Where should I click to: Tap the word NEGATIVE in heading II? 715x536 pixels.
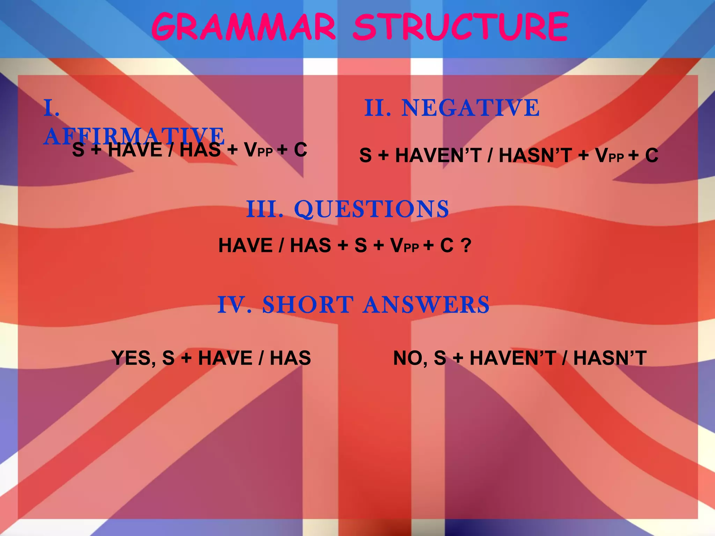[470, 108]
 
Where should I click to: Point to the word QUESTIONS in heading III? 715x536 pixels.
[371, 209]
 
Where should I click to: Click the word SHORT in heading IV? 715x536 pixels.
[308, 305]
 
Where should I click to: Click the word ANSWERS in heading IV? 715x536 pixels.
[426, 305]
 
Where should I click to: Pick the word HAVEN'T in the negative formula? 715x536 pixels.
[438, 155]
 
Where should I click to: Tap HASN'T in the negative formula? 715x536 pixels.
[535, 155]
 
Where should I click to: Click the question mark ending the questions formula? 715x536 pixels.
[466, 245]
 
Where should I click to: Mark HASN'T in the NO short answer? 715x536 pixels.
[610, 358]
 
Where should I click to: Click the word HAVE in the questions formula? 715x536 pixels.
[245, 245]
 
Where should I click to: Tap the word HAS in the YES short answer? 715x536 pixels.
[290, 358]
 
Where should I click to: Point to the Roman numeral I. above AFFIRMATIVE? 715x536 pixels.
[52, 108]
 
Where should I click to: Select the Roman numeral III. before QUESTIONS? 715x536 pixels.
[264, 209]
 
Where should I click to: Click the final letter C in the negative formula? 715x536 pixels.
[651, 155]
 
